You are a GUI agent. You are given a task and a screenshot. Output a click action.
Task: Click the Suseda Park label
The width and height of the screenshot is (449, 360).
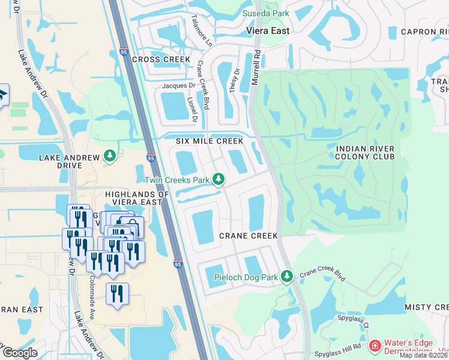(265, 13)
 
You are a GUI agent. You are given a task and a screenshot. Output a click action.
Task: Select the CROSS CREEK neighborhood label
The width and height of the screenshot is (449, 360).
(161, 59)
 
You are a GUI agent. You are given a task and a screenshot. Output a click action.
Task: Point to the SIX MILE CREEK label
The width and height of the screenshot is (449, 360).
(209, 141)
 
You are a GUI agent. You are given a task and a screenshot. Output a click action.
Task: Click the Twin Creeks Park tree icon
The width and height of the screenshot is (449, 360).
(219, 179)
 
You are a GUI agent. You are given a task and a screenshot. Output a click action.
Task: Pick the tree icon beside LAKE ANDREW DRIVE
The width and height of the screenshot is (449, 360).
(109, 156)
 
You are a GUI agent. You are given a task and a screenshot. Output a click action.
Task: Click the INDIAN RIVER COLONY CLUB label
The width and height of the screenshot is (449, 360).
(365, 152)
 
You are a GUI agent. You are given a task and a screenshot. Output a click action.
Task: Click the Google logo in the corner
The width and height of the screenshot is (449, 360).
(19, 353)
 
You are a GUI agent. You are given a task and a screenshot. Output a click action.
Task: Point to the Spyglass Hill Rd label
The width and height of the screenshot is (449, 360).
(340, 347)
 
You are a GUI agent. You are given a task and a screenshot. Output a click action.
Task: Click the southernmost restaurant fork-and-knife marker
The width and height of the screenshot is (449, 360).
(117, 294)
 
